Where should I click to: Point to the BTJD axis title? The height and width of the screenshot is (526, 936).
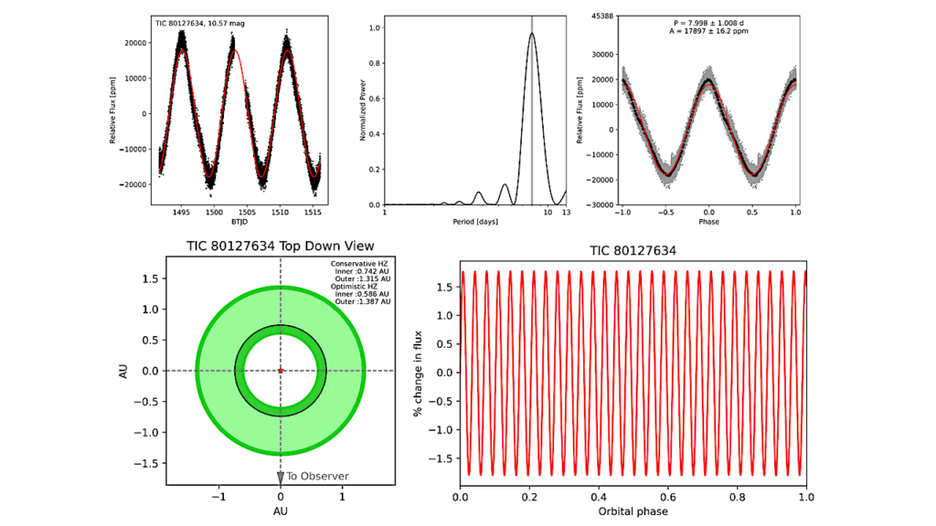tap(239, 221)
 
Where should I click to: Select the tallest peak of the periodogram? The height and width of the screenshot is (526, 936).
tap(531, 34)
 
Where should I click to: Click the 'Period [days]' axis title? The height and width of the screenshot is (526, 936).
tap(474, 222)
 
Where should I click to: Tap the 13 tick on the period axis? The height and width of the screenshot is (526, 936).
tap(565, 212)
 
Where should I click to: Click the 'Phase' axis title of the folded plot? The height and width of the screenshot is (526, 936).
tap(709, 222)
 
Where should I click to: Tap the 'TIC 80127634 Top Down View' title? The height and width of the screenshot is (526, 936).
tap(280, 247)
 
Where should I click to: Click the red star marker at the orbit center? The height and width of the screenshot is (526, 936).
tap(281, 371)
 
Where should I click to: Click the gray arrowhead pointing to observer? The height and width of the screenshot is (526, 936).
tap(281, 477)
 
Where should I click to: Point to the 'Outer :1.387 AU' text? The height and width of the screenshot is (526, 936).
tap(364, 300)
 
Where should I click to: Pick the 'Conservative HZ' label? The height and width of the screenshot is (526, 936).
tap(360, 264)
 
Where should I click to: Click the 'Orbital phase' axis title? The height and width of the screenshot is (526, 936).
tap(633, 511)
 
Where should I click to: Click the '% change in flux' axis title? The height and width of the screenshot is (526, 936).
tap(418, 373)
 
